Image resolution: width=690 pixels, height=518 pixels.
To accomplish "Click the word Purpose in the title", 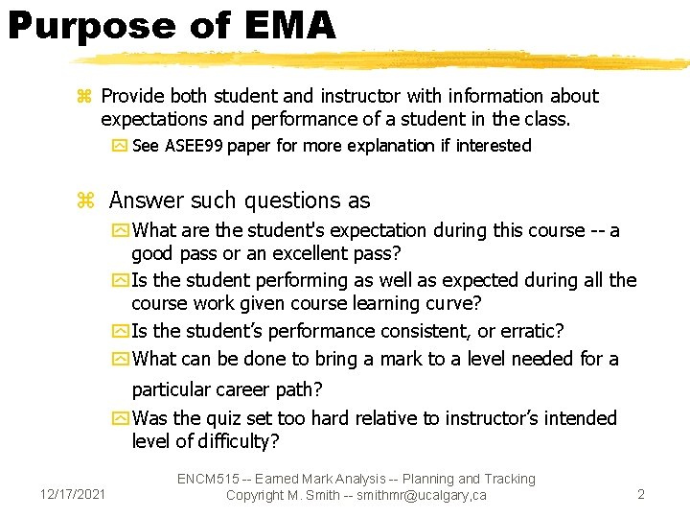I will click(92, 26).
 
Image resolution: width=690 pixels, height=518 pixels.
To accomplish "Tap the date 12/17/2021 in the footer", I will click(73, 494).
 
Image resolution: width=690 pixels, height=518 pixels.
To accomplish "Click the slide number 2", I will click(641, 494).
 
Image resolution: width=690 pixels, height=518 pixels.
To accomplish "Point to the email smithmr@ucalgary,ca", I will click(423, 495).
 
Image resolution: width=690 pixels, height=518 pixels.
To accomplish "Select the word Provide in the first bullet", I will click(132, 96).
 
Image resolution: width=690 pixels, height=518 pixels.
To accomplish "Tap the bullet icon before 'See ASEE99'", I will click(120, 147).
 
